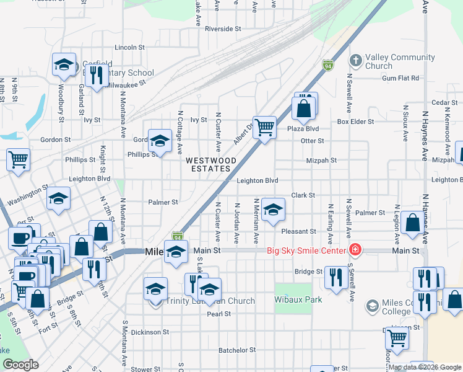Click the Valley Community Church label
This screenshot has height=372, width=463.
tap(400, 61)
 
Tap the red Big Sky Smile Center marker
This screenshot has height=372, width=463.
tap(355, 250)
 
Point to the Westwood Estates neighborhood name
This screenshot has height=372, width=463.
tap(211, 164)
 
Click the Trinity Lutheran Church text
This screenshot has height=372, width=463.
tap(210, 301)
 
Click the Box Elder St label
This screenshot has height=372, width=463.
tap(355, 122)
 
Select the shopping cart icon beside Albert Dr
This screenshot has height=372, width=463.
tap(264, 128)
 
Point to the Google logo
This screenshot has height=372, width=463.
tap(20, 365)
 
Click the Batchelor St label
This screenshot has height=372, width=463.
tap(236, 350)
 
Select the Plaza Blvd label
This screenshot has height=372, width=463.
tap(303, 129)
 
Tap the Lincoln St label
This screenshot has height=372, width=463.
tap(129, 46)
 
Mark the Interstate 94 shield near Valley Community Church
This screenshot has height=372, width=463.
tap(327, 65)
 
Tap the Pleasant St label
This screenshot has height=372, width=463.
tap(298, 231)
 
